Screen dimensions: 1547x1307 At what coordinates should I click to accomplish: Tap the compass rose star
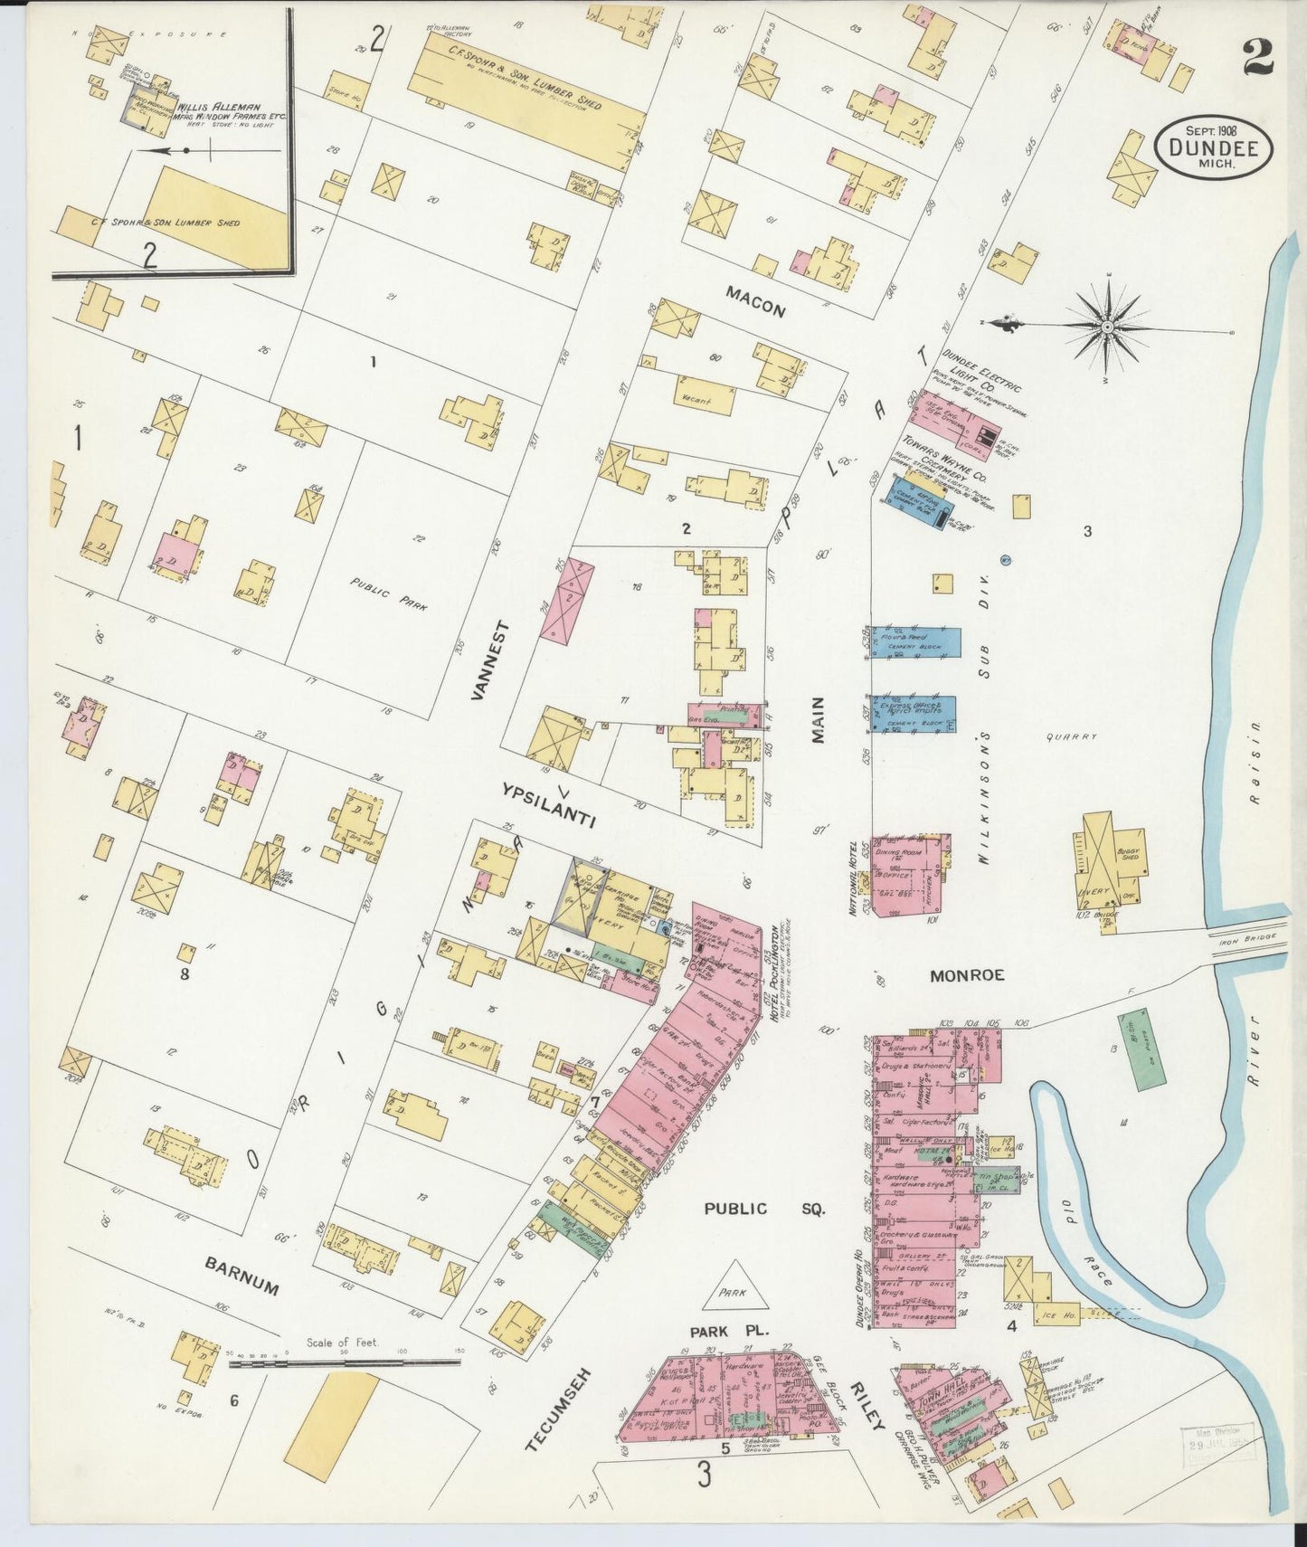coord(1106,326)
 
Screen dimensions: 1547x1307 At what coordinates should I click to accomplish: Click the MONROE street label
coord(968,975)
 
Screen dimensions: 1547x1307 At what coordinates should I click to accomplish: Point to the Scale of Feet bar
coord(344,1361)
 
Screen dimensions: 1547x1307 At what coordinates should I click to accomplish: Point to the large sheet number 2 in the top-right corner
coord(1258,59)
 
